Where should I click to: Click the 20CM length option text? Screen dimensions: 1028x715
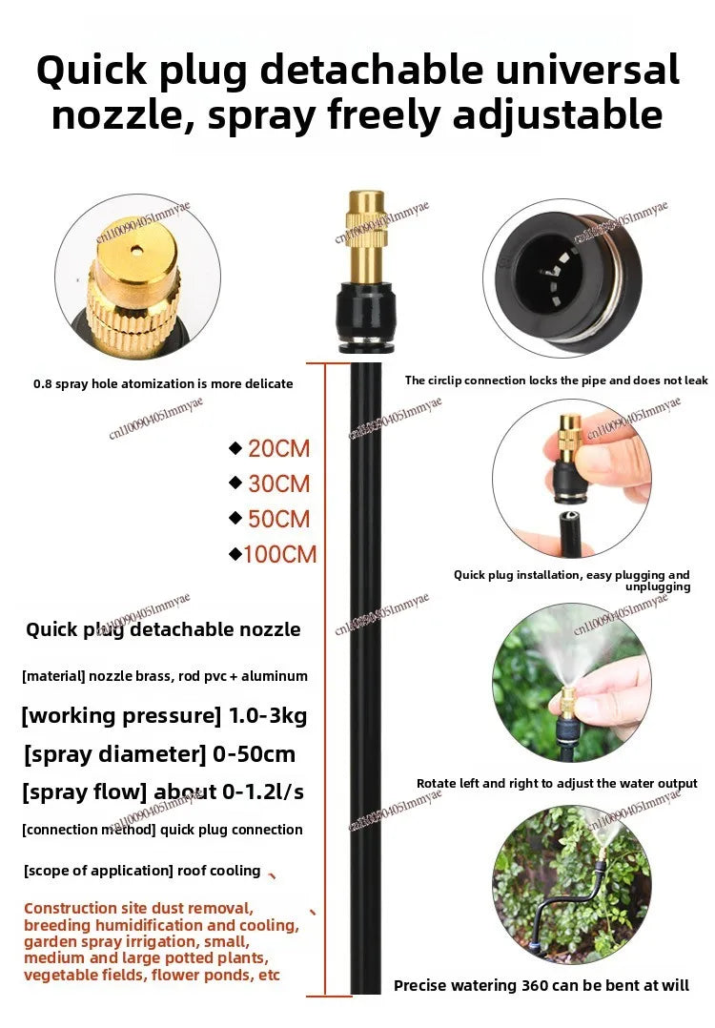[278, 448]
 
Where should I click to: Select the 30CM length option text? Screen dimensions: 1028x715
[278, 483]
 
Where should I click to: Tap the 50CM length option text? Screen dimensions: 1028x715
[278, 519]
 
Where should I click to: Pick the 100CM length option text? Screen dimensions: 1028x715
[279, 554]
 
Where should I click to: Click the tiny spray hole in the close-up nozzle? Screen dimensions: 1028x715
[137, 251]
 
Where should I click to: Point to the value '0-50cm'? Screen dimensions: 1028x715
[255, 754]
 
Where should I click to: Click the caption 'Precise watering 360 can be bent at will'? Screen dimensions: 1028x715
[541, 985]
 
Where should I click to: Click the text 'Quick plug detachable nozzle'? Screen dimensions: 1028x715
[163, 629]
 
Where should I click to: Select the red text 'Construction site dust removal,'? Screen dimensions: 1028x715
[139, 908]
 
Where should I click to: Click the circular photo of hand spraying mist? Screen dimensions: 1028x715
[570, 682]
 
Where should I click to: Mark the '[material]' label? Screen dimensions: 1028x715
[53, 676]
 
